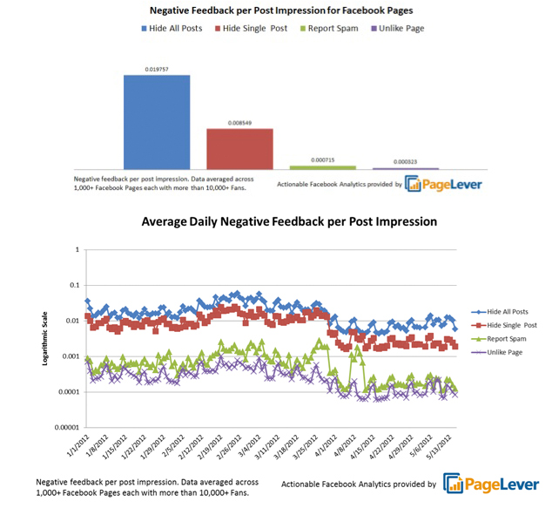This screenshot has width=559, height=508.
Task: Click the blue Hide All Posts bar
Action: pyautogui.click(x=157, y=121)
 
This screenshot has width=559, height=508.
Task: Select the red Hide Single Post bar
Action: pyautogui.click(x=239, y=148)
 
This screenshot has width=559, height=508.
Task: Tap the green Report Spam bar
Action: pyautogui.click(x=322, y=166)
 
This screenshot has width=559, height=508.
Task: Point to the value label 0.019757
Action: pyautogui.click(x=157, y=69)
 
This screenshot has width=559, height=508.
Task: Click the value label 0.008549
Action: pyautogui.click(x=239, y=123)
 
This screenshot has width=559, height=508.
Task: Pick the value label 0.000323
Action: pyautogui.click(x=406, y=162)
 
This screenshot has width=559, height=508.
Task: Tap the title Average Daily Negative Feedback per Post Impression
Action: pyautogui.click(x=289, y=222)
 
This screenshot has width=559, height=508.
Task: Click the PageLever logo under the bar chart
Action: pyautogui.click(x=444, y=183)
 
